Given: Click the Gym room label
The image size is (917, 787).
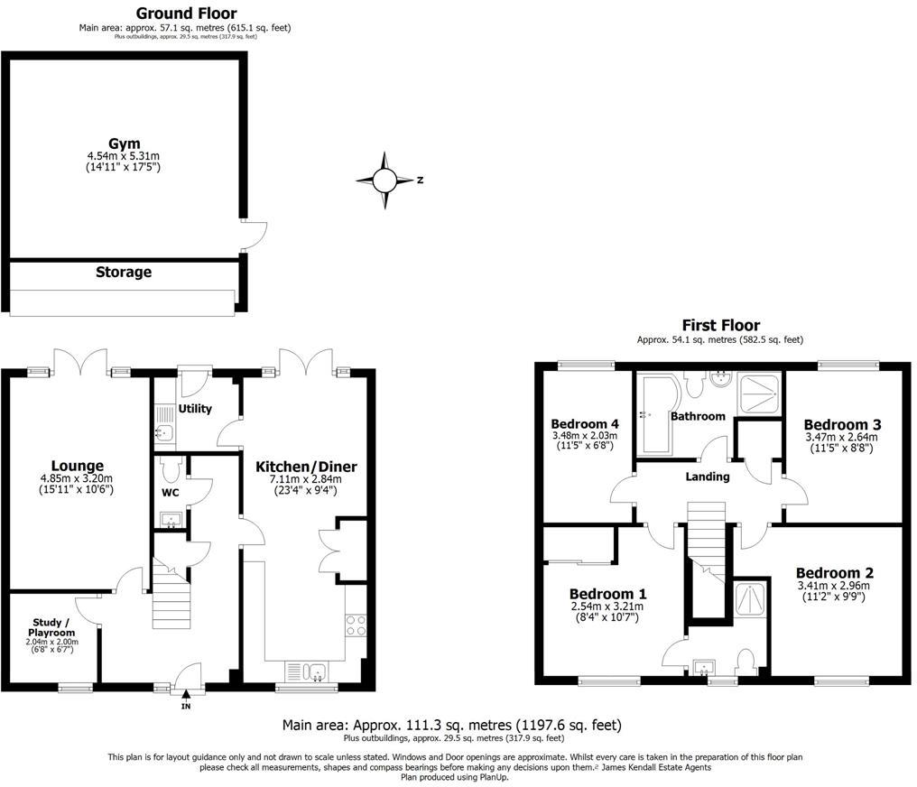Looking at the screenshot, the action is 124,144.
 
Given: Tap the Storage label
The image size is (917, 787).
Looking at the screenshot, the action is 124,272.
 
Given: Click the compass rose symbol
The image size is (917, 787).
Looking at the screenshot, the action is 384,181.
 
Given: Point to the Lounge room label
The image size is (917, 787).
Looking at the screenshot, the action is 78,466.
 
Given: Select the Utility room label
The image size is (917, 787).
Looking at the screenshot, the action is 195,409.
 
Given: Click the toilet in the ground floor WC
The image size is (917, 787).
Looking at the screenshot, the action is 171,468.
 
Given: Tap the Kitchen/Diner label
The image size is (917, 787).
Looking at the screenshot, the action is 306,467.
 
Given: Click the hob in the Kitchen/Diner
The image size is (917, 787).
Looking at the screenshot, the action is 356,625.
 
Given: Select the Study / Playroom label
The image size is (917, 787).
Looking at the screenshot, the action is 52,627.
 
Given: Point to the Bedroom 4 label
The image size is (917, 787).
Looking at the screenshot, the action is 585,424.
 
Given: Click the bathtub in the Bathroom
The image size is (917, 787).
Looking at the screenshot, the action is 658,414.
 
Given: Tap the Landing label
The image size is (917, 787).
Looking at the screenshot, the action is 707,477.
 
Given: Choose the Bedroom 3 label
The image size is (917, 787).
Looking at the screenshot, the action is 842,424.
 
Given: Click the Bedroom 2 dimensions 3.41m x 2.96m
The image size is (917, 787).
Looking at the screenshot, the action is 833,586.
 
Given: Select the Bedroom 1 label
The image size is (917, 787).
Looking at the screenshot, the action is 607,594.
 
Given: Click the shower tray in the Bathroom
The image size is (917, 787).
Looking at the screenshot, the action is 758,394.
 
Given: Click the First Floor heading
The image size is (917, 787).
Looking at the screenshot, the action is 721,325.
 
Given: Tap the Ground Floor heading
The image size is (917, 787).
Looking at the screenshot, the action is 187,14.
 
